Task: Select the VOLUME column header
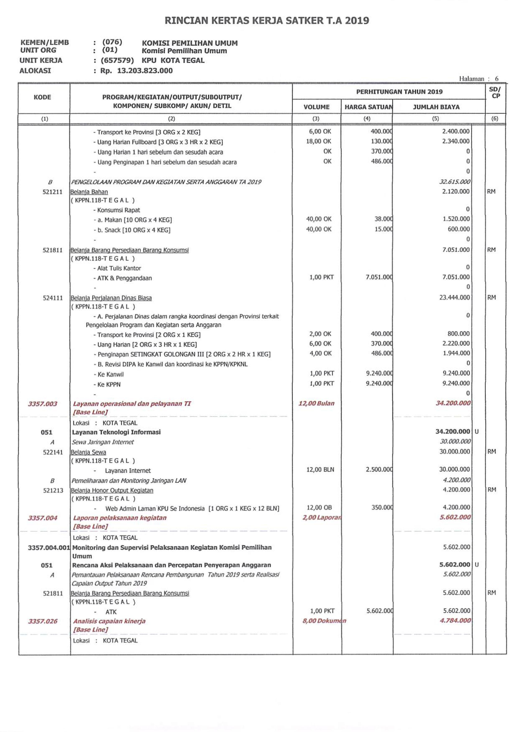pos(316,107)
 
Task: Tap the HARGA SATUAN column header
pos(368,107)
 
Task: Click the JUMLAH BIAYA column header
pos(436,107)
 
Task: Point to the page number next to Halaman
pos(497,79)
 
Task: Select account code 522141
pos(53,452)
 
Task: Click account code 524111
pos(53,298)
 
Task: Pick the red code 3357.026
pos(42,621)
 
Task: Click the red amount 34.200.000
pos(453,403)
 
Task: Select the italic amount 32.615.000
pos(454,182)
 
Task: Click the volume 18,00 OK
pos(318,141)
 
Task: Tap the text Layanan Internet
pos(128,471)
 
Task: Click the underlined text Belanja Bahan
pos(89,192)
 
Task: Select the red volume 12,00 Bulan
pos(316,403)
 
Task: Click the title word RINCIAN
pos(186,21)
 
